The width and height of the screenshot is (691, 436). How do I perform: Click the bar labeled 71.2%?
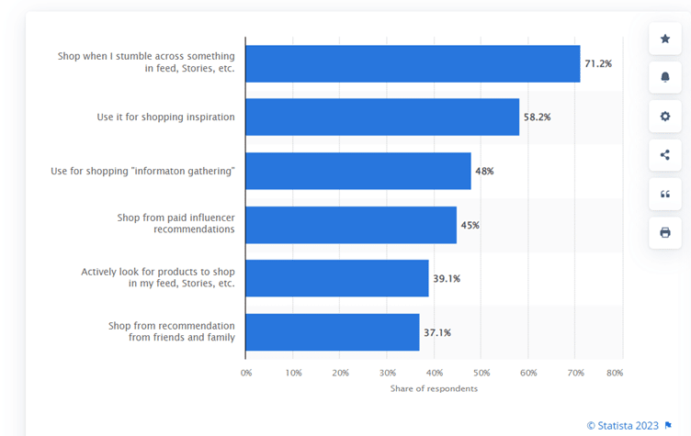tap(413, 63)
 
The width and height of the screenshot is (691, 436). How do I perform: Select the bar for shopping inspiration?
tap(382, 117)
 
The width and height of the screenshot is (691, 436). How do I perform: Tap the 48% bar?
tap(358, 171)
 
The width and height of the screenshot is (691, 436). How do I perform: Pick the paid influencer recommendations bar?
tap(351, 225)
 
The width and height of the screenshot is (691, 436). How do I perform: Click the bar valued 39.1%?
tap(337, 278)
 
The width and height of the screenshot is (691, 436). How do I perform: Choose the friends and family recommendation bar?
tap(333, 332)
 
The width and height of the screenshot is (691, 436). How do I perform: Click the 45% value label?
tap(470, 225)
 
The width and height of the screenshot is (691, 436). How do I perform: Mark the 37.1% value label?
tap(437, 332)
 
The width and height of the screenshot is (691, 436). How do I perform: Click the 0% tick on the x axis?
tap(246, 374)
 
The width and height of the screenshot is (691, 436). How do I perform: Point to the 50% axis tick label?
tap(481, 374)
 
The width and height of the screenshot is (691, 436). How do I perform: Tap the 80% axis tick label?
tap(616, 374)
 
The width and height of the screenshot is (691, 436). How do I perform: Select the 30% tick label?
tap(388, 374)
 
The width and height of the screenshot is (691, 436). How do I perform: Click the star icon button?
tap(664, 39)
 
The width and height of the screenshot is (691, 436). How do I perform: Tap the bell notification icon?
tap(664, 77)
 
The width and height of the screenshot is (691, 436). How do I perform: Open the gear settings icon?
tap(664, 117)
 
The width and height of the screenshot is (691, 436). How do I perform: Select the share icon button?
tap(664, 155)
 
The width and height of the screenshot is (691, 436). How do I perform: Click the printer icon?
tap(664, 232)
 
